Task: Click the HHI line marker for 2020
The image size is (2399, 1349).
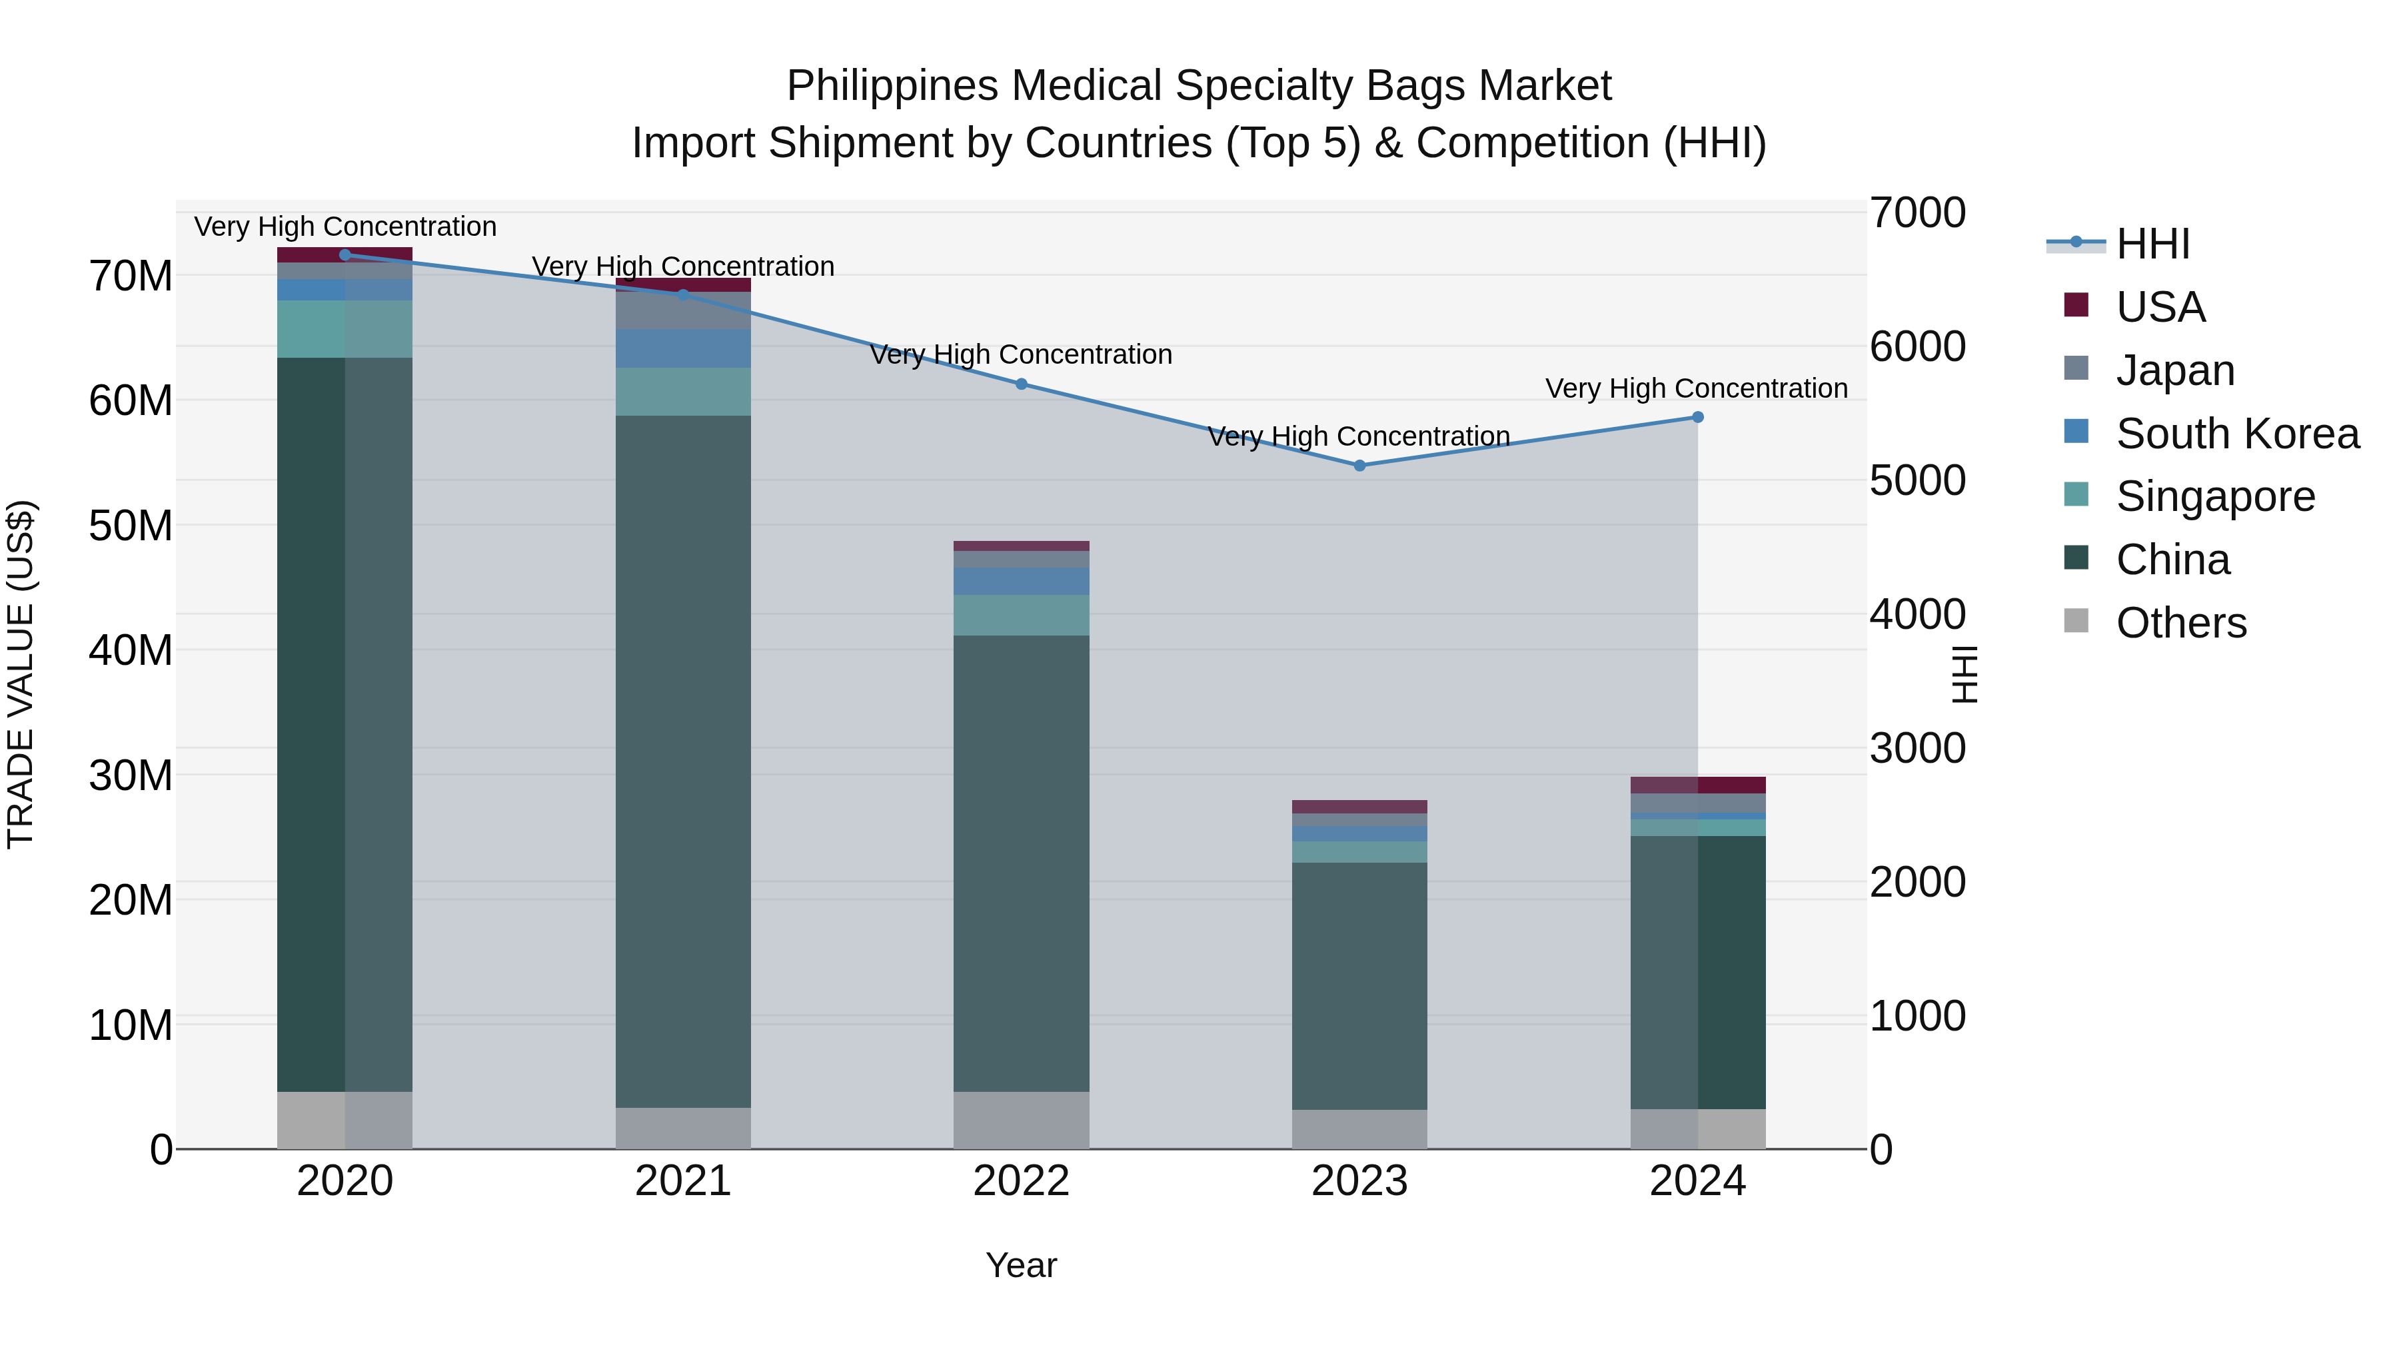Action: tap(345, 255)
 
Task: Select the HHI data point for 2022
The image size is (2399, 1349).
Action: tap(1021, 384)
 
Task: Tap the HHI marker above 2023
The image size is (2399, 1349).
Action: tap(1359, 466)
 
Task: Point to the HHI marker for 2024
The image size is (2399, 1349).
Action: tap(1697, 417)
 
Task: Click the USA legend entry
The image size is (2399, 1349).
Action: tap(2160, 307)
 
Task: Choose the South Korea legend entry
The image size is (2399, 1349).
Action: tap(2237, 434)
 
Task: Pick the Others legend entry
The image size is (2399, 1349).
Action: tap(2180, 623)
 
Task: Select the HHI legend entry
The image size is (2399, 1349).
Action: tap(2152, 244)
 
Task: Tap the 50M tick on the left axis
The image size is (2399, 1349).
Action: tap(131, 526)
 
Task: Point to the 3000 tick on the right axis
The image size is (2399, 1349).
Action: tap(1917, 749)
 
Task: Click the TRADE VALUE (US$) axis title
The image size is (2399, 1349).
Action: tap(21, 674)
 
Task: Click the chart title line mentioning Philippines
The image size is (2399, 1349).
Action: tap(1199, 86)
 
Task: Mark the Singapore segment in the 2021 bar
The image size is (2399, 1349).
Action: tap(682, 391)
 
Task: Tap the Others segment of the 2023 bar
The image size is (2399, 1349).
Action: tap(1359, 1128)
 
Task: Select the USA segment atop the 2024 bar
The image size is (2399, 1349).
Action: tap(1697, 785)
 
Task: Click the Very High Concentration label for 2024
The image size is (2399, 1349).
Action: tap(1696, 388)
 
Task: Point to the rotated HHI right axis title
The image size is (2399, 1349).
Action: tap(1964, 674)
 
